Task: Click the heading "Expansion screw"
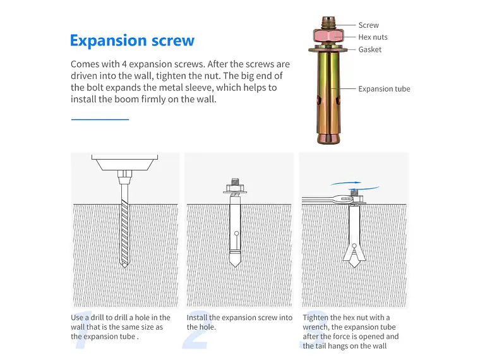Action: pyautogui.click(x=132, y=40)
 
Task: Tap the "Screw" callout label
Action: pyautogui.click(x=369, y=25)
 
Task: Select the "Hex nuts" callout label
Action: pyautogui.click(x=373, y=37)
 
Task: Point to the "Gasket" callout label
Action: pyautogui.click(x=370, y=50)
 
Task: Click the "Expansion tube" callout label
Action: pyautogui.click(x=384, y=89)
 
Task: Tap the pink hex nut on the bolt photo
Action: pyautogui.click(x=328, y=36)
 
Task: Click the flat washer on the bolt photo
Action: pyautogui.click(x=328, y=49)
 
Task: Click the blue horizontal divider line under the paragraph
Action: pyautogui.click(x=100, y=119)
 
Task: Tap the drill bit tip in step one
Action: pyautogui.click(x=124, y=266)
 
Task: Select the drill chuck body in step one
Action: pyautogui.click(x=124, y=162)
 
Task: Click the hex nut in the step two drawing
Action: pyautogui.click(x=235, y=188)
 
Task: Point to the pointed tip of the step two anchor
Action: pyautogui.click(x=235, y=265)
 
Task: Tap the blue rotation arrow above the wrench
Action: pyautogui.click(x=355, y=184)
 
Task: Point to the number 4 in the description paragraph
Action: pyautogui.click(x=124, y=64)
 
